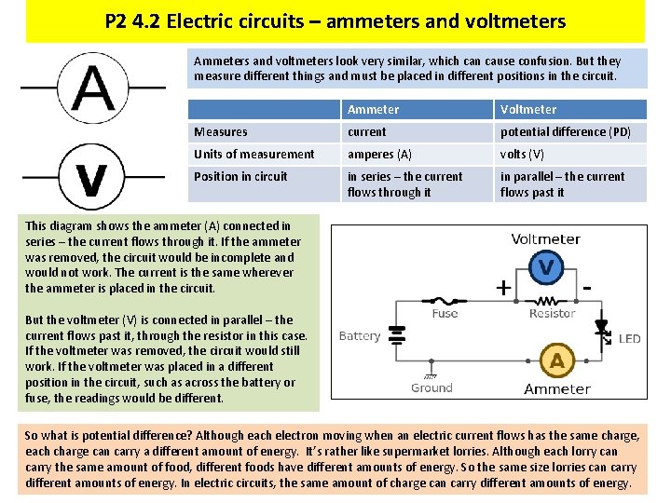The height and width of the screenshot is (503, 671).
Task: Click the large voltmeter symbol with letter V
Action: tap(91, 175)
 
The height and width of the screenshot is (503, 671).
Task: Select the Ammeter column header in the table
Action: tap(373, 109)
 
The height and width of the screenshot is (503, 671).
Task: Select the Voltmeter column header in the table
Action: tap(528, 109)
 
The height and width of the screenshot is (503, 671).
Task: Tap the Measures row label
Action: tap(221, 132)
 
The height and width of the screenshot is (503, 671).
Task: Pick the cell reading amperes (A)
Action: tap(379, 155)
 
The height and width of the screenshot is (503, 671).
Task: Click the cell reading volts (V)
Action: tap(522, 155)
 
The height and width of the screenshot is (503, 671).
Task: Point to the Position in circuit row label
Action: tap(240, 177)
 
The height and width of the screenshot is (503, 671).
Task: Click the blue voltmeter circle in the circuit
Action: tap(546, 268)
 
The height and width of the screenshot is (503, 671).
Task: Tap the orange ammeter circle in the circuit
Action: tap(557, 360)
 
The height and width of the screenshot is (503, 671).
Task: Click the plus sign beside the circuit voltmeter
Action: tap(503, 288)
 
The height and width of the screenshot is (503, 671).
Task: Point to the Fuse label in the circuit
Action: tap(445, 314)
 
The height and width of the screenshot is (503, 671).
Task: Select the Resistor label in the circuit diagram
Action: tap(552, 314)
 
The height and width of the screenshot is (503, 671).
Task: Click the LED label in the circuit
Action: tap(629, 339)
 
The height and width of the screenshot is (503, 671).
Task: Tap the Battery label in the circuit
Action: tap(360, 336)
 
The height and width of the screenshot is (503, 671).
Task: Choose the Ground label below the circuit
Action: tap(431, 388)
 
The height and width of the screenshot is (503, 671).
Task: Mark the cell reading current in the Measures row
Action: tap(366, 132)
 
